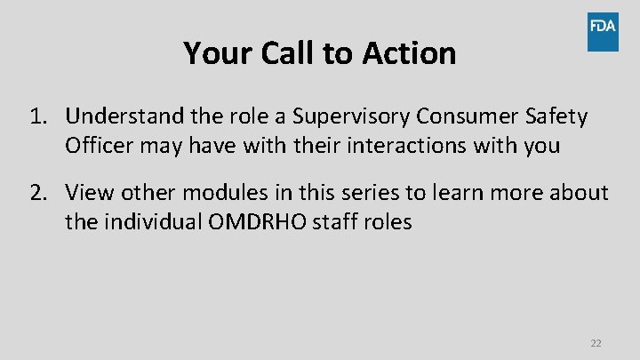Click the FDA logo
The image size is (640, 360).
[x=602, y=32]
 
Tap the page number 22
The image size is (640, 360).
[x=596, y=343]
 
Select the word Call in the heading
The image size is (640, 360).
[x=290, y=54]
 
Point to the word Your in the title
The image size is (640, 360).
[x=219, y=54]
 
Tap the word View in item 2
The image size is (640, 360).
[x=87, y=193]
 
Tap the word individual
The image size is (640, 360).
[x=155, y=222]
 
